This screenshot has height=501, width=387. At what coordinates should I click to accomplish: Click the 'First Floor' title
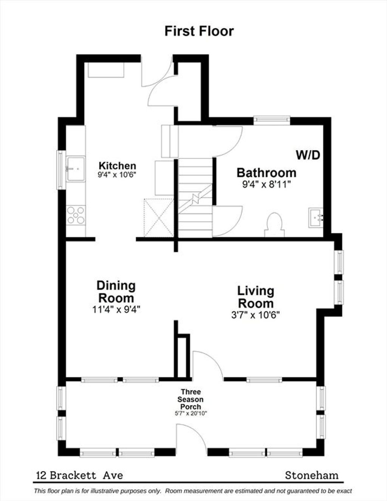[x=199, y=31]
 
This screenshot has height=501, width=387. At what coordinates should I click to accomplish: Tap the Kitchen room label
[x=118, y=166]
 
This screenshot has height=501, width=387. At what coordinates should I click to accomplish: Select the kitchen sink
[x=76, y=169]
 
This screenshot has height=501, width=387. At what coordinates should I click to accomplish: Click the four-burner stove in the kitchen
[x=76, y=215]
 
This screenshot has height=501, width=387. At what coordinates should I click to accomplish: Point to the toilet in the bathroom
[x=274, y=224]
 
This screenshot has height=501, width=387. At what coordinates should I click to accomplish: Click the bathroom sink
[x=316, y=218]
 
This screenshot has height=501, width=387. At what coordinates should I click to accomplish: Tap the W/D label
[x=308, y=155]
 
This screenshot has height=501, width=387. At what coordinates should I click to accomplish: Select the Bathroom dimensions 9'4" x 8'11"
[x=266, y=185]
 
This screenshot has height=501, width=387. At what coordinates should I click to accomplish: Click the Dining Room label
[x=116, y=292]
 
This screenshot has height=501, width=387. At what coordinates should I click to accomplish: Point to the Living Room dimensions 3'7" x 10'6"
[x=255, y=315]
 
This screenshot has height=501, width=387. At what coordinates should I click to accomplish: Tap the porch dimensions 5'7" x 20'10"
[x=191, y=413]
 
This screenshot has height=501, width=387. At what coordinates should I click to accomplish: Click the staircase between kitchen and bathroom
[x=195, y=198]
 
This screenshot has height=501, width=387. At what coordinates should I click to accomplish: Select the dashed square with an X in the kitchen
[x=159, y=218]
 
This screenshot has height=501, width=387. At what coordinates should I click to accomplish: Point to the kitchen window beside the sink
[x=61, y=170]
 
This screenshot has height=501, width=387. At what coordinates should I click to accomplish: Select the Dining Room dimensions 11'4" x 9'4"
[x=116, y=309]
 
